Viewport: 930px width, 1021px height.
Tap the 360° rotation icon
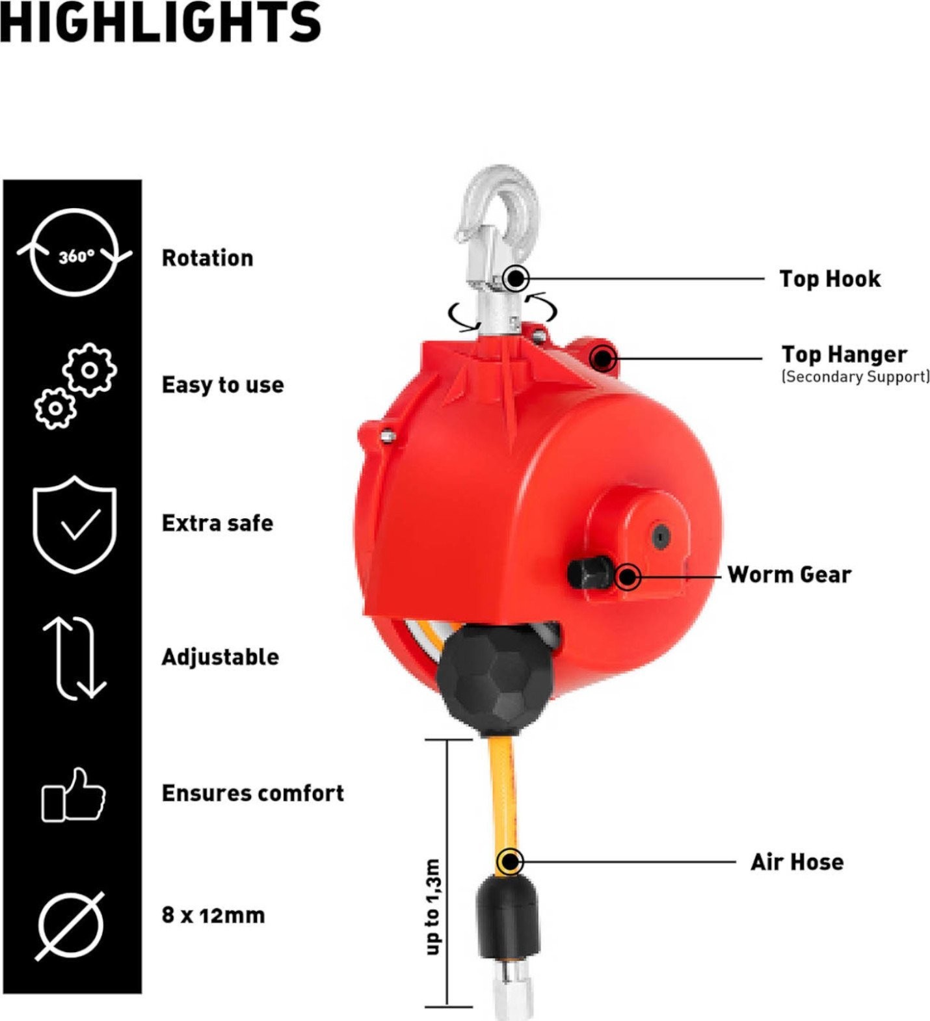tap(74, 252)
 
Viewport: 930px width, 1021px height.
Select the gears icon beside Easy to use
tap(75, 386)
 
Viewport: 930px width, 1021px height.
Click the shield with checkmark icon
tap(74, 524)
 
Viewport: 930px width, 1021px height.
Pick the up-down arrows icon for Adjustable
tap(74, 658)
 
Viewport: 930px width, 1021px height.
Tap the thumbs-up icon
tap(73, 795)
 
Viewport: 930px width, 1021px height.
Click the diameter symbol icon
tap(70, 925)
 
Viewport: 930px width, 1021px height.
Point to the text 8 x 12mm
tap(213, 915)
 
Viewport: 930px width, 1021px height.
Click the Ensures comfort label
tap(253, 793)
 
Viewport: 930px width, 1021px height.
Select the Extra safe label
tap(217, 523)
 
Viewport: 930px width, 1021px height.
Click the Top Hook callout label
tap(830, 279)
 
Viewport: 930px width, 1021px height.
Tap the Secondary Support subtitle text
tap(855, 377)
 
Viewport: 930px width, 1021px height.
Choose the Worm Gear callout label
tap(789, 575)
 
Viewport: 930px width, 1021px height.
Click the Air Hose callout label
tap(797, 862)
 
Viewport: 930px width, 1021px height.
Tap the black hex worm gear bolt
tap(589, 572)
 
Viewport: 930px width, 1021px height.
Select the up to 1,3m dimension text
tap(432, 907)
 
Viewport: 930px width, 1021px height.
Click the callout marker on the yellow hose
tap(510, 862)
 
